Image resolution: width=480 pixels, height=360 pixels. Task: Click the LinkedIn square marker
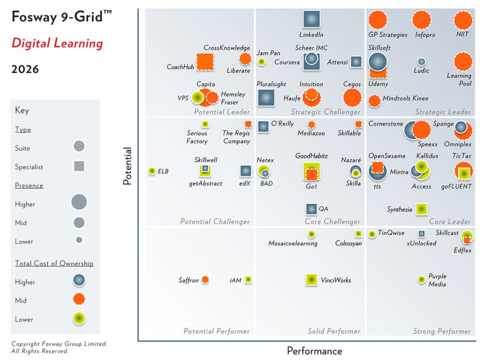click(x=311, y=19)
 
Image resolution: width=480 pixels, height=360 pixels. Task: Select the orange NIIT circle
click(x=463, y=20)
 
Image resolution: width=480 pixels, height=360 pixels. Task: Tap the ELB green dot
click(x=152, y=171)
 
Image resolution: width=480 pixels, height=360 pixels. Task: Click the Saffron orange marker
click(x=205, y=280)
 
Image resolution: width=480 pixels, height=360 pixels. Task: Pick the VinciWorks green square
click(x=311, y=280)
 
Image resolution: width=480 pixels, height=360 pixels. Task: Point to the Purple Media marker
click(x=421, y=280)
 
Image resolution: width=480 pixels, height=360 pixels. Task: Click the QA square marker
click(x=311, y=209)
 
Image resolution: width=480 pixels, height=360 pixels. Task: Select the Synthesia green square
click(x=421, y=209)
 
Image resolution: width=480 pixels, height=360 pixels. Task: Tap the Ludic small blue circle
click(x=421, y=61)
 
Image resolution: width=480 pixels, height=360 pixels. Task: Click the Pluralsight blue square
click(x=266, y=97)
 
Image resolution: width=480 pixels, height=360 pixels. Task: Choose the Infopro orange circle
click(x=421, y=20)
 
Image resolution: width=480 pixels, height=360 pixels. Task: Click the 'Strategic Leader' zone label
click(x=442, y=112)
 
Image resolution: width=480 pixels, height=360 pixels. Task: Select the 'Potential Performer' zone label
click(x=216, y=331)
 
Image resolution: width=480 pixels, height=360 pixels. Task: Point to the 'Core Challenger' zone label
click(x=332, y=222)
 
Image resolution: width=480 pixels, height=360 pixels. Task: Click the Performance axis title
click(x=314, y=351)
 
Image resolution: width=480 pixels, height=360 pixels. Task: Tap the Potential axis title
click(x=127, y=166)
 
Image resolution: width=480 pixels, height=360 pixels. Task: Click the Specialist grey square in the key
click(x=79, y=166)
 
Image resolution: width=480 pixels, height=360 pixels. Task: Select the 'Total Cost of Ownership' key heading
click(x=54, y=263)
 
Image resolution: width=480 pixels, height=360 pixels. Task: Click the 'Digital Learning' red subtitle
click(x=57, y=44)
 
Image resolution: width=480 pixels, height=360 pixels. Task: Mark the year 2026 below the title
click(x=25, y=70)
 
